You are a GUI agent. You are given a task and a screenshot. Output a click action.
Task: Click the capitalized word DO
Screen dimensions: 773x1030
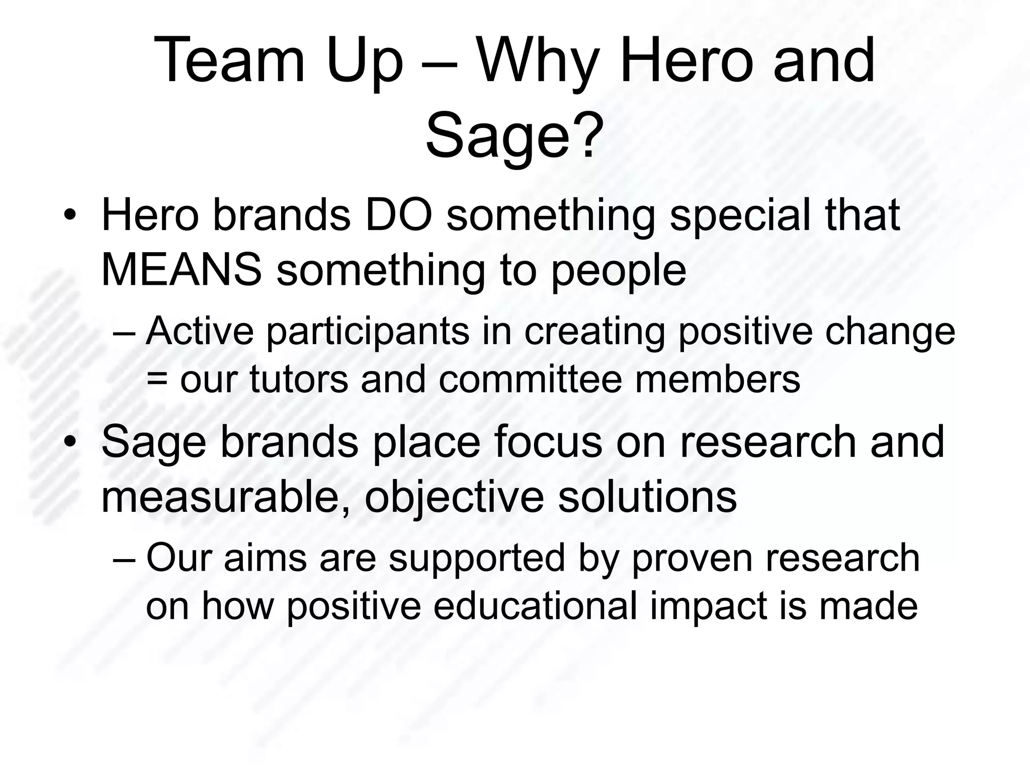click(x=398, y=215)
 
